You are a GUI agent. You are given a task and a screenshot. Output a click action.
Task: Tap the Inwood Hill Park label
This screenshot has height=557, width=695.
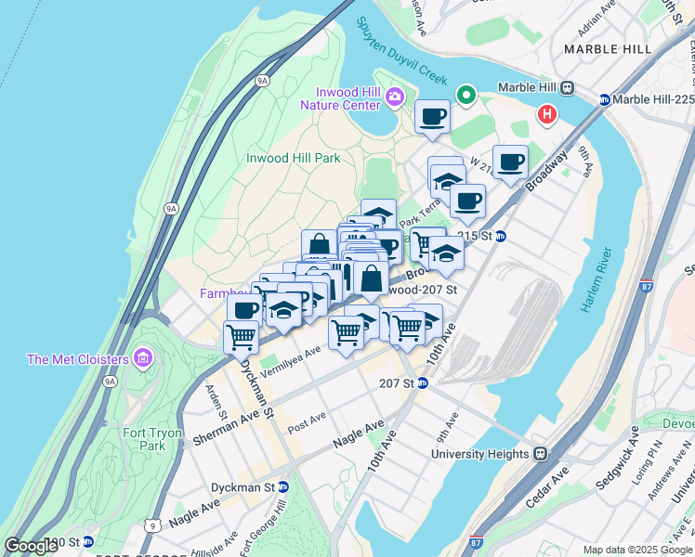[x=294, y=158]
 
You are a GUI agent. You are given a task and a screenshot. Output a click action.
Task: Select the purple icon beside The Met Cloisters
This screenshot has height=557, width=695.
[x=143, y=358]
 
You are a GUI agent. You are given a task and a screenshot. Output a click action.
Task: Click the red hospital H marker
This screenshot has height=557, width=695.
[x=547, y=115]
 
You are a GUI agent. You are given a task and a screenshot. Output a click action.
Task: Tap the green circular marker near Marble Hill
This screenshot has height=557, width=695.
[x=466, y=95]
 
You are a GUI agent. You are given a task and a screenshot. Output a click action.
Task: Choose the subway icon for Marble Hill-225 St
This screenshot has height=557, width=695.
[x=605, y=100]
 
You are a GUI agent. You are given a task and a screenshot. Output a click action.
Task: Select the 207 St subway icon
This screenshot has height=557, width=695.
[x=421, y=382]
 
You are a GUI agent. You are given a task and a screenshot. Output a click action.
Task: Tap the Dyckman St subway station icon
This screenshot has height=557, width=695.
[x=283, y=486]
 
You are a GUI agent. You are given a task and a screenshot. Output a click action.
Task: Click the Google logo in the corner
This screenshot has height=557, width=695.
[x=31, y=546]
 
